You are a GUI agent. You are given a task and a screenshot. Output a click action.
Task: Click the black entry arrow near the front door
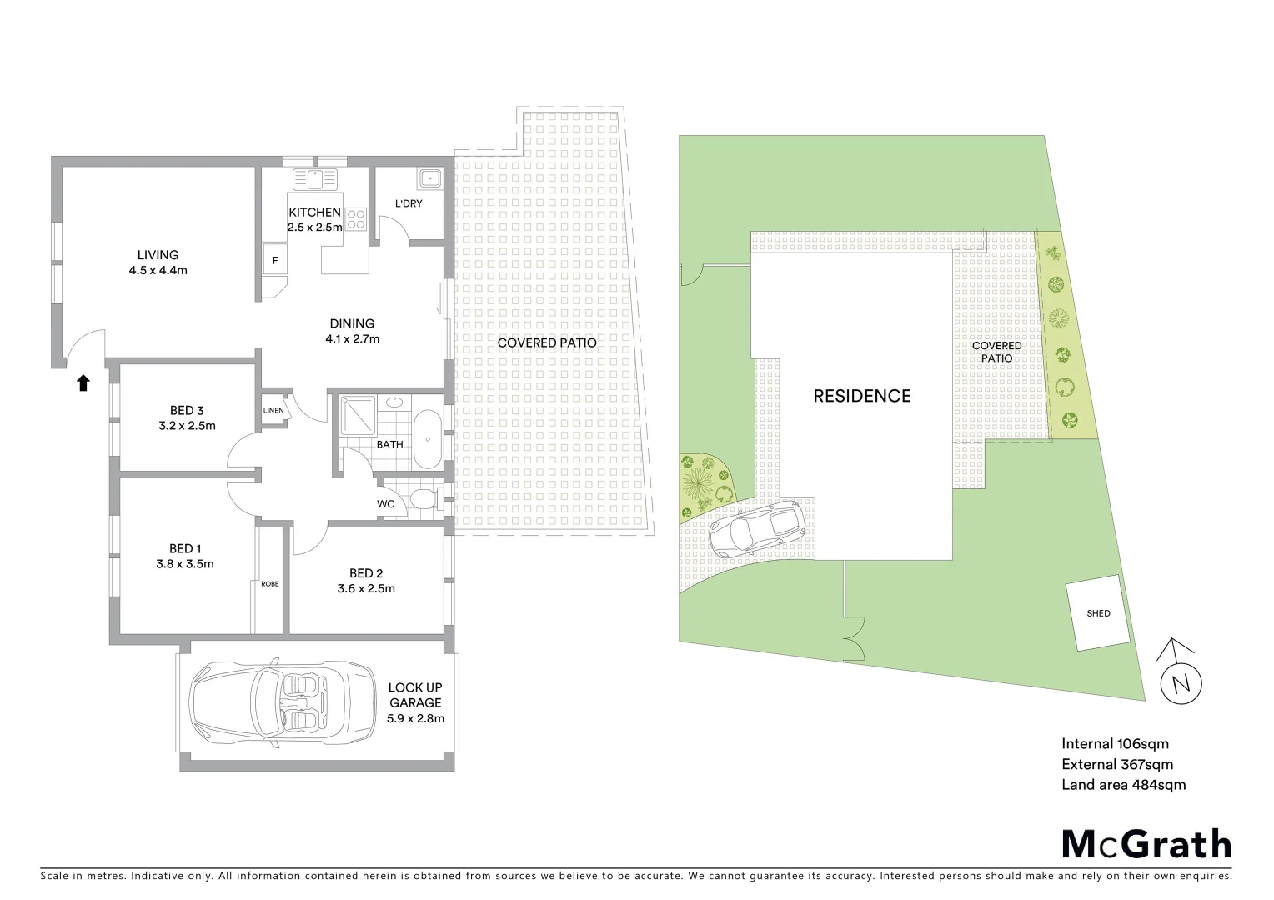83,382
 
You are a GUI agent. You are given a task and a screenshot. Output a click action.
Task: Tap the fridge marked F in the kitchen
275,260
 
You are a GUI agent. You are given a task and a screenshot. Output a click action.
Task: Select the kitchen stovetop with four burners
356,218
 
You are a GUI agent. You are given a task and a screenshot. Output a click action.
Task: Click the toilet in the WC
422,501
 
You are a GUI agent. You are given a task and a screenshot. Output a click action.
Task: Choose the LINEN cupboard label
273,411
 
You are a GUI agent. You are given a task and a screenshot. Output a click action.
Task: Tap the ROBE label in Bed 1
269,584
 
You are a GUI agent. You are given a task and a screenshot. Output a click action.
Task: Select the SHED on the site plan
1098,613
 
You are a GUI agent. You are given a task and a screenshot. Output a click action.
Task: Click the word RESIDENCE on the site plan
862,396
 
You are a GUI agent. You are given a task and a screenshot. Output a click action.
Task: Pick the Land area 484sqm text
1122,785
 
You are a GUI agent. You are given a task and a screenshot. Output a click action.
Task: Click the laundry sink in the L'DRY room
430,177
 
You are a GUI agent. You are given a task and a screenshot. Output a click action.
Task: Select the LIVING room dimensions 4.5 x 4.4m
158,270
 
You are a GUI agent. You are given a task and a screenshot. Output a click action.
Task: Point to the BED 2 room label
366,573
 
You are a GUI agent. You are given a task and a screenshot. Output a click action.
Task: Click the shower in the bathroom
358,415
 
